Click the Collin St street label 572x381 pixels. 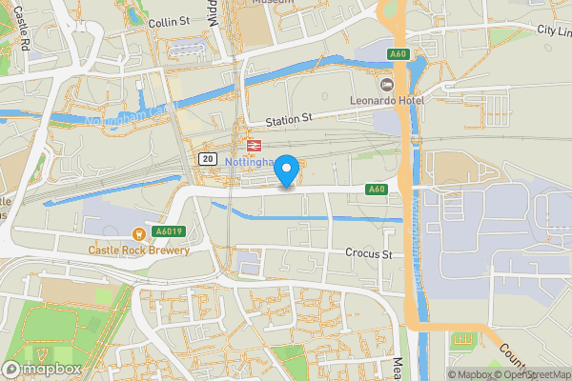tap(171, 21)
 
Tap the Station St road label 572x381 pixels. tap(288, 119)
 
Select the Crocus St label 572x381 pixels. tap(368, 254)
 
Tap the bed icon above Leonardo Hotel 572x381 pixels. tap(387, 84)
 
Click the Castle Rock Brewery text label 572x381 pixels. tap(138, 251)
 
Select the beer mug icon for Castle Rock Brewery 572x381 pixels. tap(139, 233)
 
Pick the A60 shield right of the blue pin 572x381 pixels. tap(377, 190)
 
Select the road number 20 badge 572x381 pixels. tap(207, 158)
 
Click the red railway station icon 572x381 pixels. tap(254, 145)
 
